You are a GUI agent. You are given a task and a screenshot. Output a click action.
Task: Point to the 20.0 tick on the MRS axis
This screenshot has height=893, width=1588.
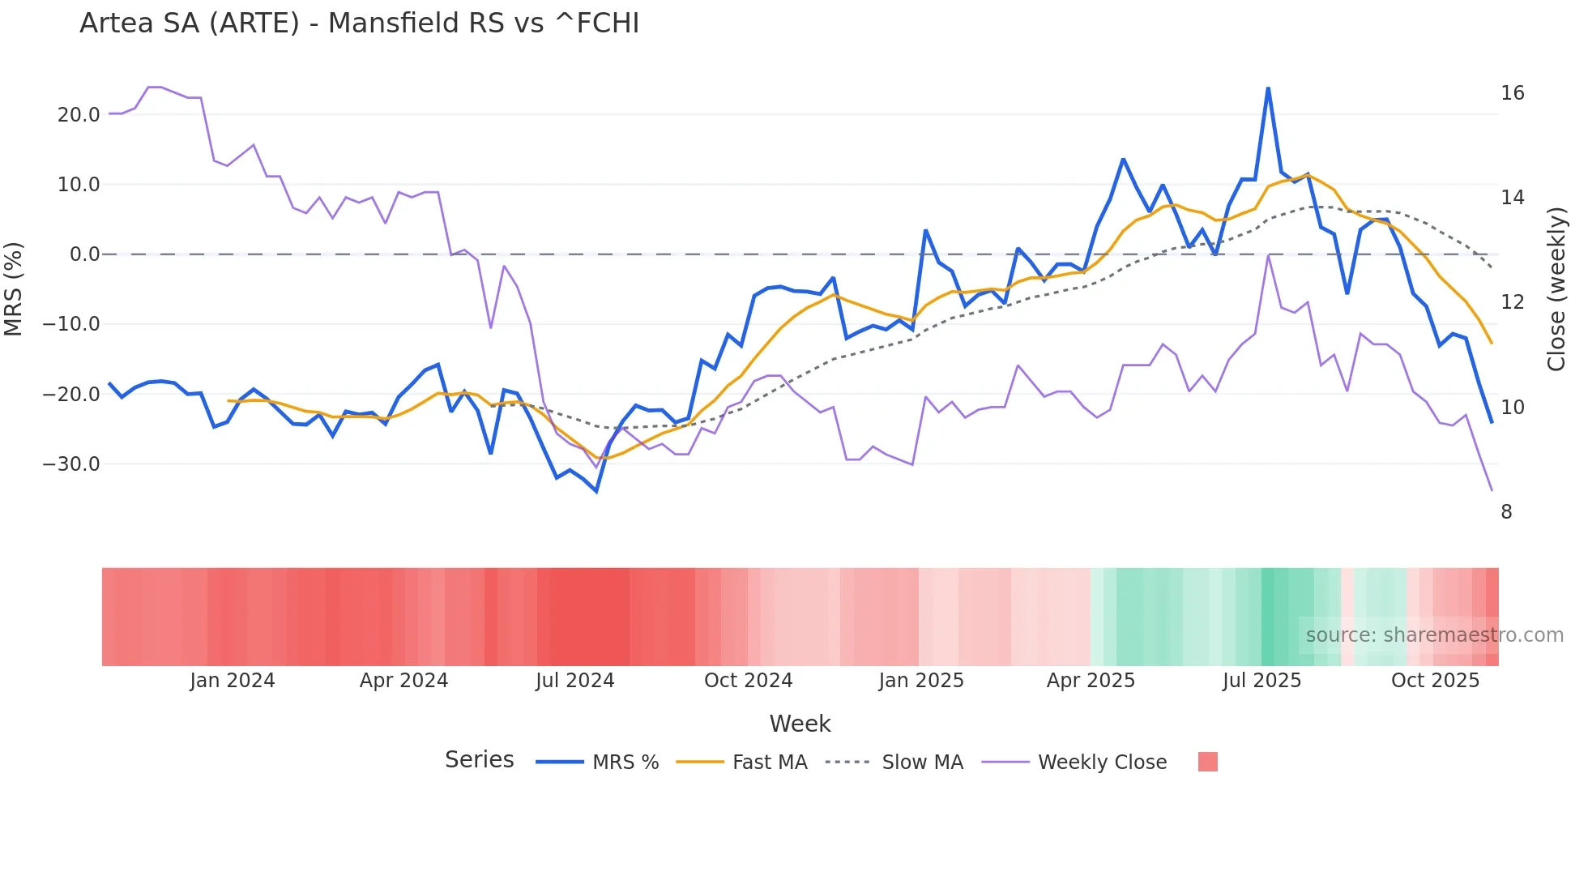pos(79,115)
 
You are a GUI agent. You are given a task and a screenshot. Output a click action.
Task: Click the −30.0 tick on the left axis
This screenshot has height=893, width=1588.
pos(71,464)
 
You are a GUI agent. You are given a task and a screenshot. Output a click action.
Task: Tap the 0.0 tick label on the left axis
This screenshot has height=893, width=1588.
pos(84,254)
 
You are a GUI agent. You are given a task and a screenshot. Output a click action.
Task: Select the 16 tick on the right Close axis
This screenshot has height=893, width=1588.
pos(1512,93)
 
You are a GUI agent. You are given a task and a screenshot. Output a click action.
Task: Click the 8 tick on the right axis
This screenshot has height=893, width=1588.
pos(1506,512)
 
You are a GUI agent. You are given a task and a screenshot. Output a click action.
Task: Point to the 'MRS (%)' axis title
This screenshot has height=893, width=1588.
pos(13,289)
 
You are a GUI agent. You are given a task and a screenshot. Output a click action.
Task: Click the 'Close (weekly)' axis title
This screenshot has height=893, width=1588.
pos(1556,289)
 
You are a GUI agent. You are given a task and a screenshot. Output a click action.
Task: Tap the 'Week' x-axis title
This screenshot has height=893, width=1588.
pos(800,724)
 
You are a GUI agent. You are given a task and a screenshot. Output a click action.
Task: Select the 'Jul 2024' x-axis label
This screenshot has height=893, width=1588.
pos(574,681)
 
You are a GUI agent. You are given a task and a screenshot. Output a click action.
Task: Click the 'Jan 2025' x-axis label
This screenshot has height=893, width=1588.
pos(920,681)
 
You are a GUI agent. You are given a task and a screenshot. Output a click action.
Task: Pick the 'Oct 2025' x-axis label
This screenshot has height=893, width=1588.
pos(1435,681)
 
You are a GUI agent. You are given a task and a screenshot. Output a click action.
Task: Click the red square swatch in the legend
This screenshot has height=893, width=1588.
pos(1207,762)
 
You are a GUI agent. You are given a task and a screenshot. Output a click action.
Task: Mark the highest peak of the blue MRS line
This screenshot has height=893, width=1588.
pos(1268,88)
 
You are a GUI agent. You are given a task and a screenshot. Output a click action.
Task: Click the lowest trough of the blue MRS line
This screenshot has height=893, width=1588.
pos(596,491)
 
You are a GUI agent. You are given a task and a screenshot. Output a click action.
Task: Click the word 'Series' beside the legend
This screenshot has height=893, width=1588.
pos(479,760)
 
